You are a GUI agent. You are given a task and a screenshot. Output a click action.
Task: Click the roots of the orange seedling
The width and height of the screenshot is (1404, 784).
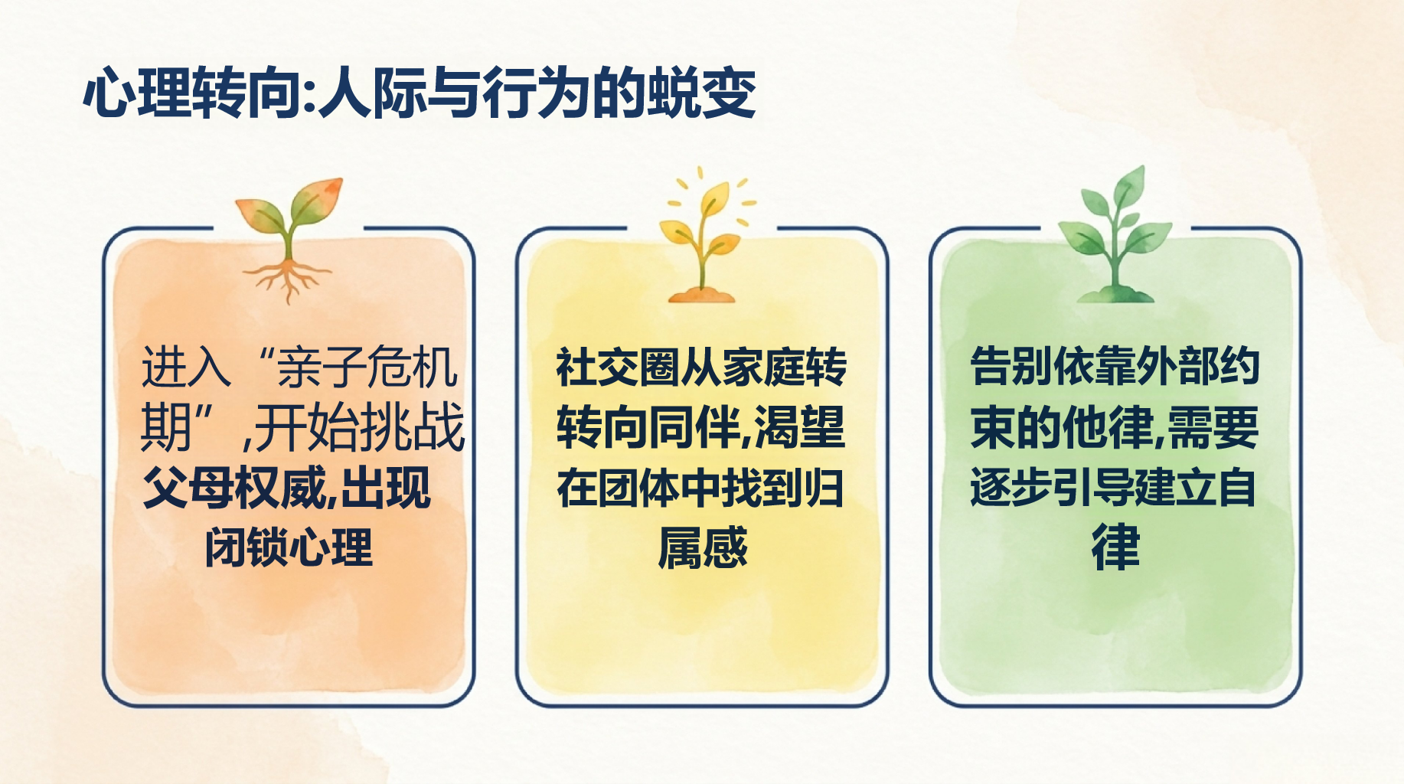287,279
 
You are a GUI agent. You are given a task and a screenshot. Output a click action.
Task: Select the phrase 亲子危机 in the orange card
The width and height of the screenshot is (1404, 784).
367,367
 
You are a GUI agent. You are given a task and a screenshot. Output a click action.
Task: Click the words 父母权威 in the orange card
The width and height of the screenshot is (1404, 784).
233,487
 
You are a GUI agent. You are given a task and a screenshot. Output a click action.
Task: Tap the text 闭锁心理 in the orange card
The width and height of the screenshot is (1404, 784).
289,547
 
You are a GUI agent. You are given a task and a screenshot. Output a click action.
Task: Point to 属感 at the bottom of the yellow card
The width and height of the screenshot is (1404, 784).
703,547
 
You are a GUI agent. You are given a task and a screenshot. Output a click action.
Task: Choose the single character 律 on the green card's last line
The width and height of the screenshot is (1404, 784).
1115,547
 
